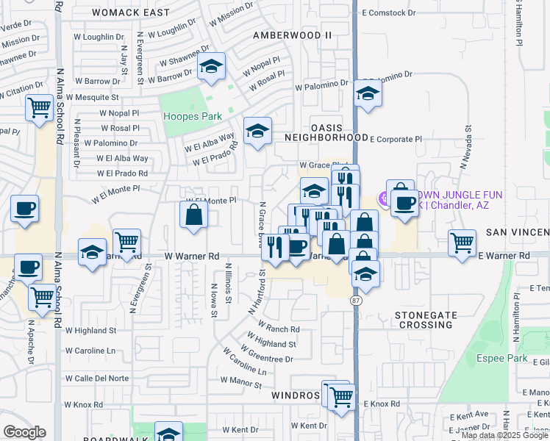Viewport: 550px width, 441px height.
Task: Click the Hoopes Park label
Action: (x=192, y=116)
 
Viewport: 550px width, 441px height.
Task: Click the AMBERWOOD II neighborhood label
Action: (x=293, y=35)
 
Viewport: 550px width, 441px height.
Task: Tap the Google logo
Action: (x=24, y=432)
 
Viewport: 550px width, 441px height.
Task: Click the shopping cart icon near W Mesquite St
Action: (x=38, y=107)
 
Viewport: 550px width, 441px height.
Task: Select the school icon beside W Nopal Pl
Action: (x=211, y=68)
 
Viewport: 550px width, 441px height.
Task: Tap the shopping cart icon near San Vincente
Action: (x=463, y=243)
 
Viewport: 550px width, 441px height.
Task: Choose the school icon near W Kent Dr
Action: (x=168, y=432)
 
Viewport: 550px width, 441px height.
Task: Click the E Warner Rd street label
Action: (x=504, y=255)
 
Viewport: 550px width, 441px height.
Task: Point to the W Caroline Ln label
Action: (x=91, y=351)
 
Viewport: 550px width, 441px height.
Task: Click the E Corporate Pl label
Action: (x=396, y=138)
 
